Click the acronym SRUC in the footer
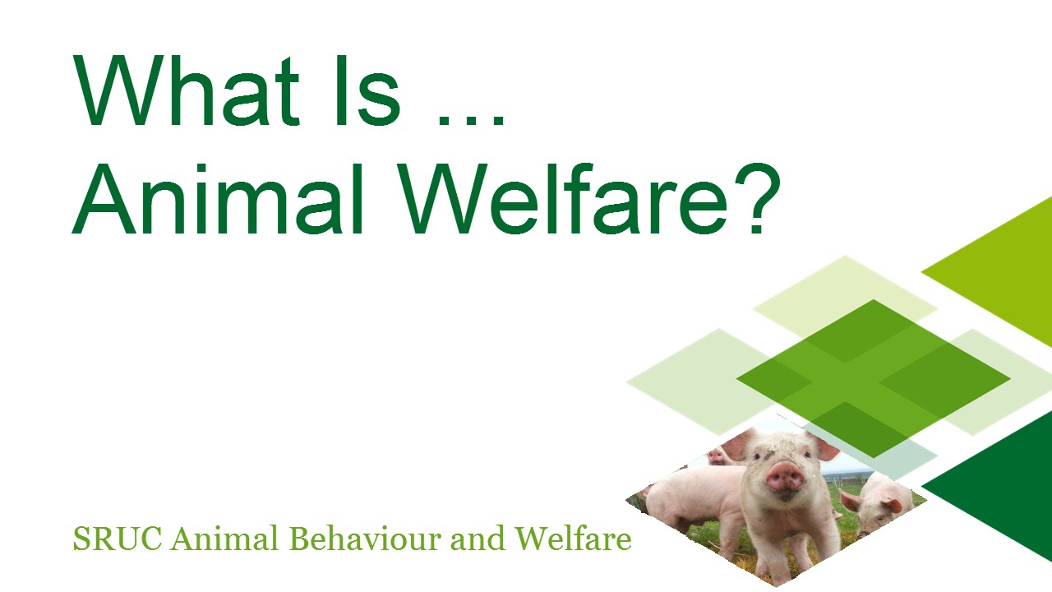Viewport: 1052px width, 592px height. click(118, 539)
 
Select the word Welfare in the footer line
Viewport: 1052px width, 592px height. click(574, 539)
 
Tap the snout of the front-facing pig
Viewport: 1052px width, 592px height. click(784, 476)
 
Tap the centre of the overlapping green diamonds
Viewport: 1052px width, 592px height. click(873, 378)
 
